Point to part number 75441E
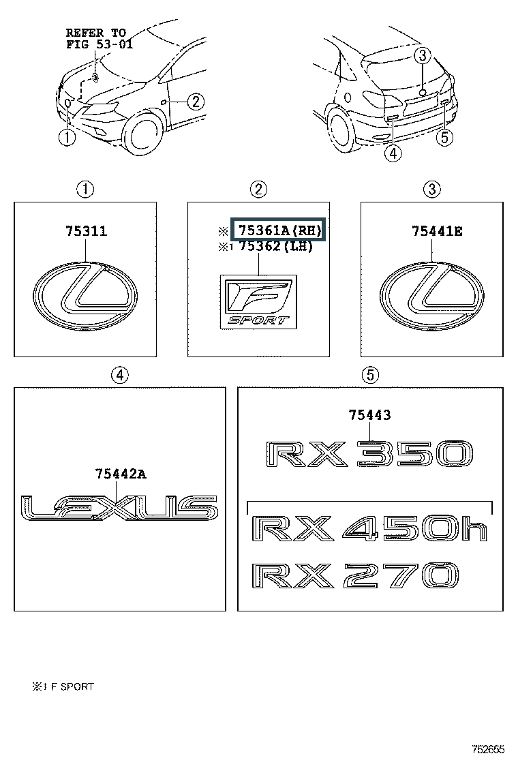(x=436, y=232)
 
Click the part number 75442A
(x=121, y=473)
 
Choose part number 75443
(x=369, y=414)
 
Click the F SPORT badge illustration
(x=258, y=301)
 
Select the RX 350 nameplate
(x=369, y=454)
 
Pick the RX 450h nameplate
(x=369, y=528)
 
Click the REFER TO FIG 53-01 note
(x=99, y=38)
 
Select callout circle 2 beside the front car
(x=195, y=102)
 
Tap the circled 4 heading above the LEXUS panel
(x=120, y=374)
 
